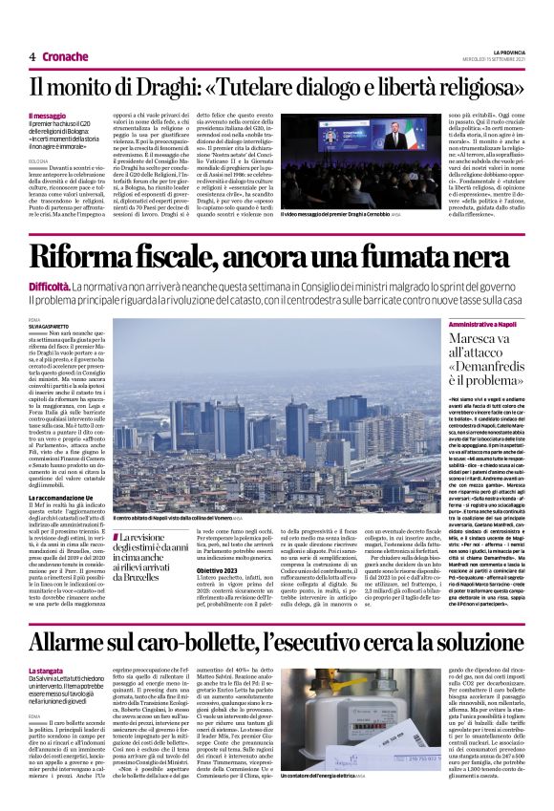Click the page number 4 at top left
pyautogui.click(x=32, y=56)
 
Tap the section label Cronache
pyautogui.click(x=64, y=56)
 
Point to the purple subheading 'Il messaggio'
pyautogui.click(x=48, y=115)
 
